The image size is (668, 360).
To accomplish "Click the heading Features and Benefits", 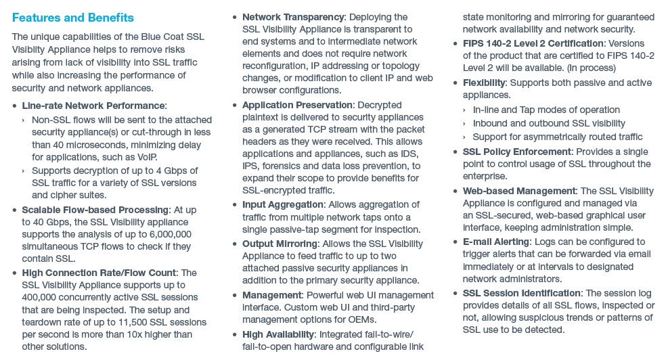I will coord(73,18).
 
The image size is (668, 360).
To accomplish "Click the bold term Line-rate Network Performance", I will coord(93,106).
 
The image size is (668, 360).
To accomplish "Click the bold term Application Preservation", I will coord(297,105).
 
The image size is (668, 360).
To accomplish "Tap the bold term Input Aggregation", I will coord(283,204).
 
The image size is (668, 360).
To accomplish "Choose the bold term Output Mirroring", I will coord(280,244).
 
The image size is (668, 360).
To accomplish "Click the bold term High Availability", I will coord(277,334).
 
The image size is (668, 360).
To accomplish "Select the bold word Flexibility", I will coord(484,83).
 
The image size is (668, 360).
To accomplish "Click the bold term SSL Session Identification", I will coord(522,293).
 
